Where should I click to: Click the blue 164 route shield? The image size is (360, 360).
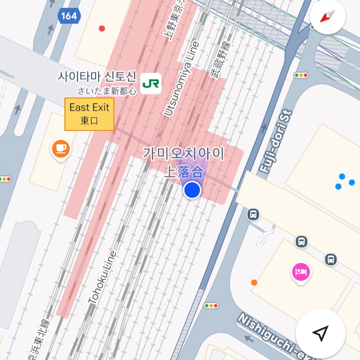(x=69, y=16)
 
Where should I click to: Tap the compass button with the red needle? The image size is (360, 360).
(x=327, y=17)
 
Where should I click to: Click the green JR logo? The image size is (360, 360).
(x=150, y=84)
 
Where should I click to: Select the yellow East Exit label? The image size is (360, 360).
(x=89, y=114)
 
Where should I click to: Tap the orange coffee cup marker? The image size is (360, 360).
(x=61, y=149)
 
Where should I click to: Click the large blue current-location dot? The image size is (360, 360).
(x=192, y=190)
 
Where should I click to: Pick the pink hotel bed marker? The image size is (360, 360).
(x=301, y=272)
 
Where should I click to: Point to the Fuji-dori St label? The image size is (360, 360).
(x=276, y=142)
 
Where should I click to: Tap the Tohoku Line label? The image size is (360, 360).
(x=102, y=278)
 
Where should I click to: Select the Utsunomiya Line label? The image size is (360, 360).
(x=181, y=79)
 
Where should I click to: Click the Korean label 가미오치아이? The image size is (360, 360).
(x=183, y=154)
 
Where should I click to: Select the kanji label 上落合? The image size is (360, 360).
(x=184, y=172)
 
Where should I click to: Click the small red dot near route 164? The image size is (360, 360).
(x=102, y=28)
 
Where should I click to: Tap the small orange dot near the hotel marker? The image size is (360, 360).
(x=254, y=282)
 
